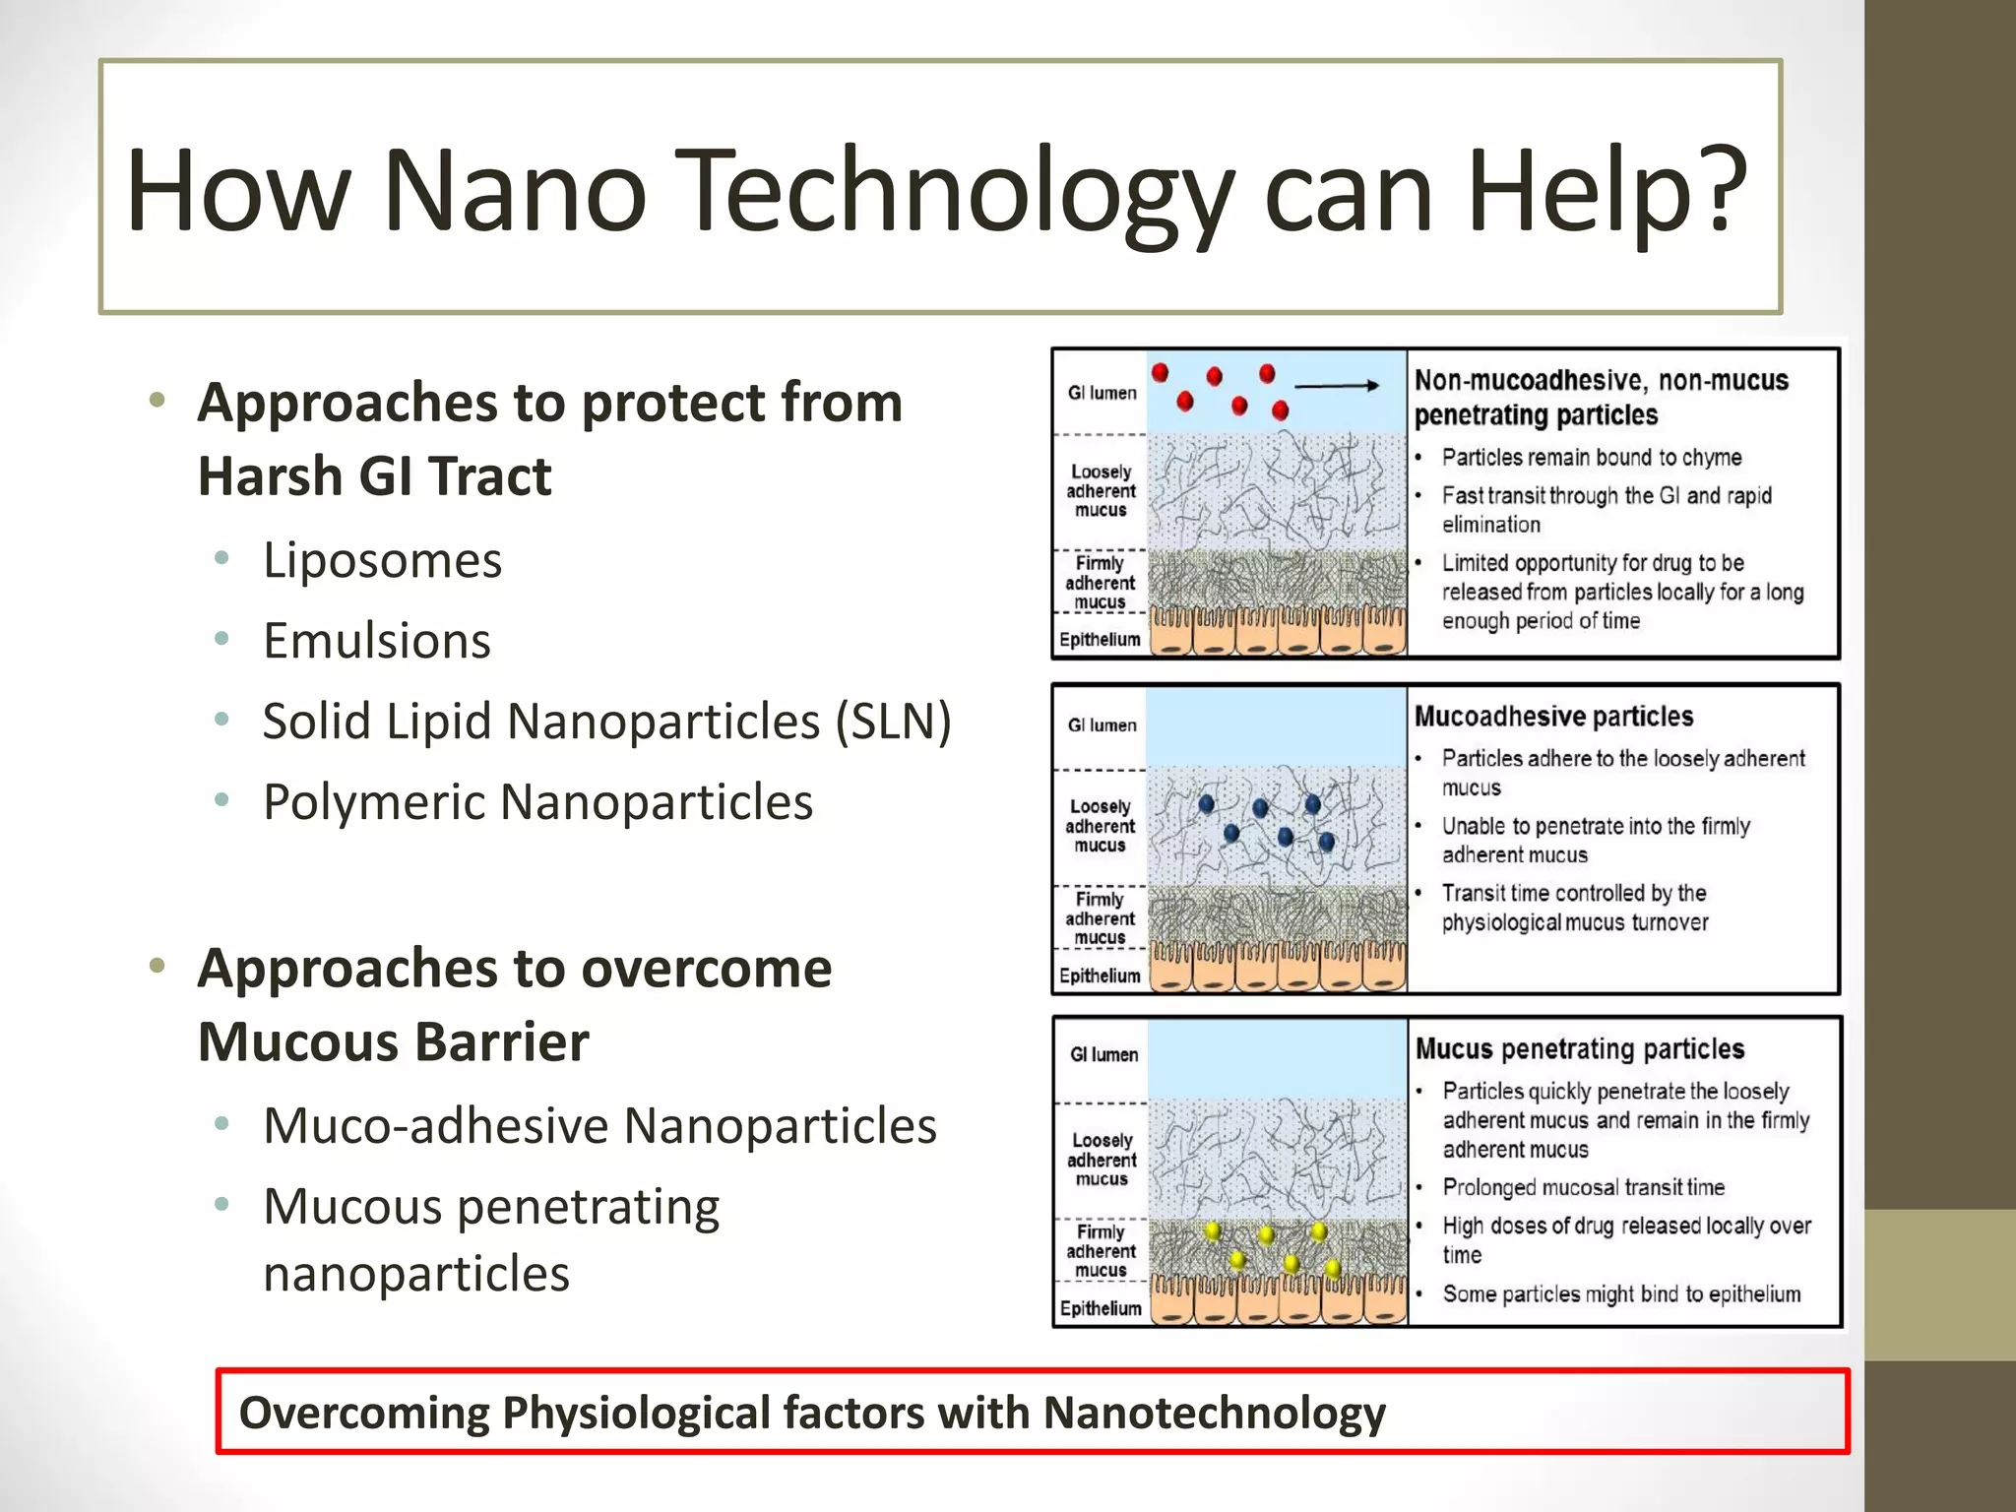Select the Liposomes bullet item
[382, 561]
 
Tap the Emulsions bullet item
[376, 641]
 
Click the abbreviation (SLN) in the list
[893, 722]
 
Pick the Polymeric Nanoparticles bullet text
[537, 802]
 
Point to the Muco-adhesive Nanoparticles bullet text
[599, 1126]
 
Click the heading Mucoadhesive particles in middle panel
[1553, 716]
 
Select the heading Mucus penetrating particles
[1579, 1048]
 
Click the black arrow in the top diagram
[1337, 386]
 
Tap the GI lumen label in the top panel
[1102, 393]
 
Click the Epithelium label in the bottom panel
[1100, 1308]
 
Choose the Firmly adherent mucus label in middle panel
[1100, 918]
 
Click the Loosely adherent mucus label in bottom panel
[1102, 1160]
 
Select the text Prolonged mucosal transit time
[1583, 1187]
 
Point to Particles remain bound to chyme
[1591, 458]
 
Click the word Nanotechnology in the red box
[1213, 1413]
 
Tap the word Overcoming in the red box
[363, 1413]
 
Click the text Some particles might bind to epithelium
[1620, 1294]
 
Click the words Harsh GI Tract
[374, 476]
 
